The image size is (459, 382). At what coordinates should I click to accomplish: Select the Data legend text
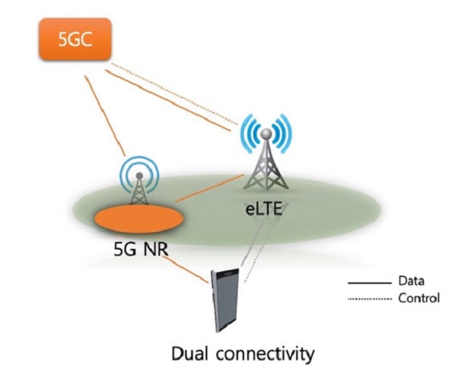tap(411, 281)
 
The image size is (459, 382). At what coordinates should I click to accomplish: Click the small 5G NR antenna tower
tap(139, 184)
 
